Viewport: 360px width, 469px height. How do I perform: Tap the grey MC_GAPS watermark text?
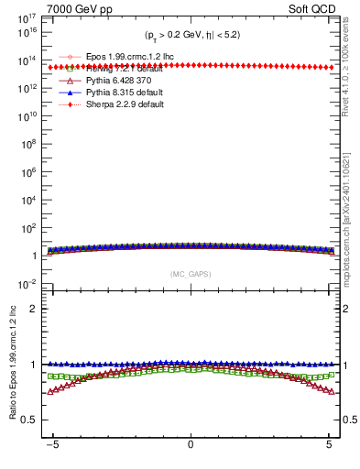tap(191, 274)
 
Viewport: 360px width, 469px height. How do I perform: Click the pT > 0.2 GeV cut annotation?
tap(191, 35)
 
